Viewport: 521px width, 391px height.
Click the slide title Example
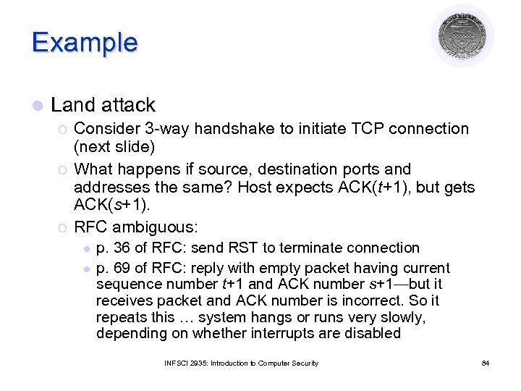tap(84, 42)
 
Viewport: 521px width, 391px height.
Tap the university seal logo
tap(462, 35)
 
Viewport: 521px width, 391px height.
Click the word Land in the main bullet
tap(73, 105)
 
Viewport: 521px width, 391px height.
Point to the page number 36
tap(123, 248)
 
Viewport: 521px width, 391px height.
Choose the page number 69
tap(123, 268)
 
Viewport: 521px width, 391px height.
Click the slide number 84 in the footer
tap(485, 363)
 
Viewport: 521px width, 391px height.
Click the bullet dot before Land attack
tap(38, 106)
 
